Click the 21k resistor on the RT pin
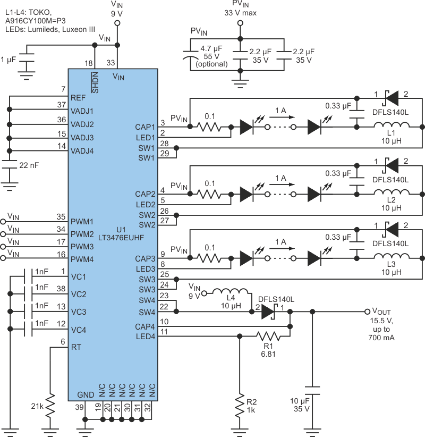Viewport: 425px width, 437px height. click(51, 407)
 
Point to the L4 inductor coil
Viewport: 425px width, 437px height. click(230, 292)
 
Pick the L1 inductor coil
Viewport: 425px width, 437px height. click(392, 127)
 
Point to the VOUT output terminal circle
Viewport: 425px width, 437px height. click(367, 312)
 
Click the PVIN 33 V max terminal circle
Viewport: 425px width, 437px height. click(240, 23)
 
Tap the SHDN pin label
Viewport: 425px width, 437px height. click(95, 82)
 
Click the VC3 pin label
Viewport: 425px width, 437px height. click(79, 312)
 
